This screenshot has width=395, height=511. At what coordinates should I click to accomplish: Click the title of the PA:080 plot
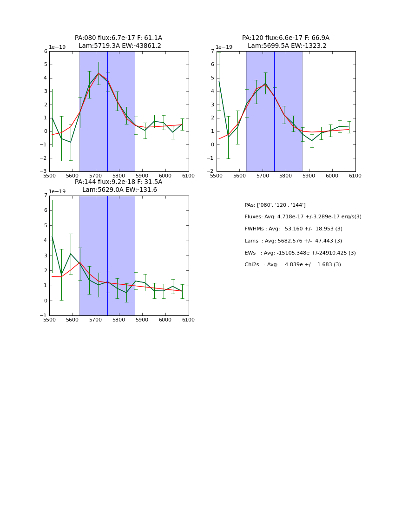pyautogui.click(x=118, y=42)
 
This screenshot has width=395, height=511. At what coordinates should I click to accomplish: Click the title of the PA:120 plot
pyautogui.click(x=285, y=42)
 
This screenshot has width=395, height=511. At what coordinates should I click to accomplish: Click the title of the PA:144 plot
pyautogui.click(x=118, y=186)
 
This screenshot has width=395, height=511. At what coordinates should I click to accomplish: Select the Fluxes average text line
pyautogui.click(x=303, y=217)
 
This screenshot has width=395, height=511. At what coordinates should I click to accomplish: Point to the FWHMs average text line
pyautogui.click(x=293, y=229)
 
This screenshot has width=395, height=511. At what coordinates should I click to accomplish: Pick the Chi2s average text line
pyautogui.click(x=292, y=265)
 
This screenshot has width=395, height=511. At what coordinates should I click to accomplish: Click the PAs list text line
pyautogui.click(x=275, y=205)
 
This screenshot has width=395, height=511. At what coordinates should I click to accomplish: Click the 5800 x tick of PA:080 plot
pyautogui.click(x=119, y=176)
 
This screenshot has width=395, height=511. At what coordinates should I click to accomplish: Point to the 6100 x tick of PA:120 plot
pyautogui.click(x=355, y=176)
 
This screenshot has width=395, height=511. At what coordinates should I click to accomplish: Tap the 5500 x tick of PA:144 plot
pyautogui.click(x=49, y=320)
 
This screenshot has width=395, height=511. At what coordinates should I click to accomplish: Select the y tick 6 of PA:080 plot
pyautogui.click(x=46, y=52)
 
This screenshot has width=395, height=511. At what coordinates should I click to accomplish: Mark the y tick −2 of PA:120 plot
pyautogui.click(x=211, y=171)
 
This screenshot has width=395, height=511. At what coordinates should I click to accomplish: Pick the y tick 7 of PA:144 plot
pyautogui.click(x=46, y=196)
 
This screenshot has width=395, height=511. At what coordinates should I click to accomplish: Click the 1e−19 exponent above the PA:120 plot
pyautogui.click(x=224, y=47)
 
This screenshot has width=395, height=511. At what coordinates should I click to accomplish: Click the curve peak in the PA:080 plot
pyautogui.click(x=99, y=73)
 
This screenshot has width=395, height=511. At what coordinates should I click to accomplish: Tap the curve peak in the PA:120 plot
pyautogui.click(x=265, y=84)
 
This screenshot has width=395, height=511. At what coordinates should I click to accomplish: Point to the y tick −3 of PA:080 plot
pyautogui.click(x=44, y=171)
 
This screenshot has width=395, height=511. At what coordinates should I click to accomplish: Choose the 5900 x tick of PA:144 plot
pyautogui.click(x=142, y=320)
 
